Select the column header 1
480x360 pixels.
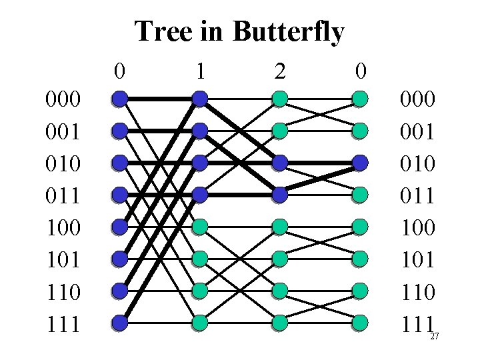pyautogui.click(x=199, y=69)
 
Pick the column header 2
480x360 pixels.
pyautogui.click(x=280, y=69)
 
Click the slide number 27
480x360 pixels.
pyautogui.click(x=434, y=337)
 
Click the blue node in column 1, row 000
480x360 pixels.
pyautogui.click(x=199, y=99)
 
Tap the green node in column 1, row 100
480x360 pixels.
pyautogui.click(x=199, y=227)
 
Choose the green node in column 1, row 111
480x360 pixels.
pyautogui.click(x=199, y=323)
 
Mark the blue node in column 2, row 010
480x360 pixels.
pyautogui.click(x=279, y=163)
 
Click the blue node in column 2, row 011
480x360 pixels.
pyautogui.click(x=279, y=195)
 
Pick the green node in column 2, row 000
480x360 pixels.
pyautogui.click(x=279, y=99)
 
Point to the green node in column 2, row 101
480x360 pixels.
pyautogui.click(x=279, y=259)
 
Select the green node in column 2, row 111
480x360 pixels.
pyautogui.click(x=279, y=323)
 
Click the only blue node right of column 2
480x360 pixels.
pyautogui.click(x=360, y=163)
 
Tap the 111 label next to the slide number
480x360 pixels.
pyautogui.click(x=417, y=325)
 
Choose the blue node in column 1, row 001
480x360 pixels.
pyautogui.click(x=199, y=131)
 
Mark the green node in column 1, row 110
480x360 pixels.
pyautogui.click(x=199, y=291)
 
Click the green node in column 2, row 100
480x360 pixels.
pyautogui.click(x=279, y=227)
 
